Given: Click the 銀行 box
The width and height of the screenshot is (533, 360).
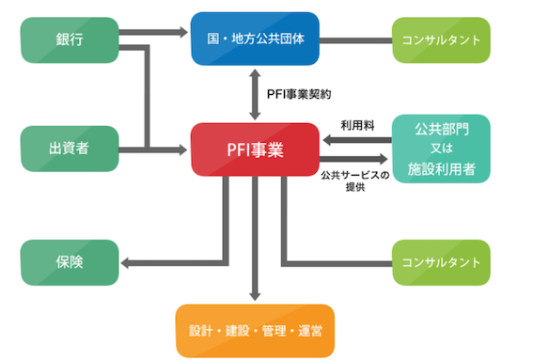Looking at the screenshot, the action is click(x=70, y=40).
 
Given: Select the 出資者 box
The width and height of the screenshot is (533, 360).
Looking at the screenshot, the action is click(x=70, y=149).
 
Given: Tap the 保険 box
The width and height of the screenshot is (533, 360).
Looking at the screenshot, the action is click(x=70, y=262).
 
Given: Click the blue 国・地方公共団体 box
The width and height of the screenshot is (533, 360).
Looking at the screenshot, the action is click(x=255, y=39).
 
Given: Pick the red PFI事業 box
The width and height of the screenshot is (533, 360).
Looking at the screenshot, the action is click(x=255, y=149).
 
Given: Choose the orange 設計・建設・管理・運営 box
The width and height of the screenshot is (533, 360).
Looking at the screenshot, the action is click(x=255, y=331).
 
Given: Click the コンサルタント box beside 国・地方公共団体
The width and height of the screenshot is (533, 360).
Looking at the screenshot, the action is click(x=441, y=40).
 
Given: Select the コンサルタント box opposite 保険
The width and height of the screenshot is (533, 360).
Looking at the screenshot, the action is click(x=441, y=262).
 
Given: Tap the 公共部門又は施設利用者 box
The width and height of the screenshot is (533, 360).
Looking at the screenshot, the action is click(x=441, y=149).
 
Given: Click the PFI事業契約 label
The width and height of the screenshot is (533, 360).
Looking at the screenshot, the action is click(x=299, y=94).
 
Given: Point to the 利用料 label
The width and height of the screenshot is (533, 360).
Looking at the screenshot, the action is click(x=357, y=125).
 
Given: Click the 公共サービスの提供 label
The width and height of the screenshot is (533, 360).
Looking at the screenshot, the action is click(x=355, y=181).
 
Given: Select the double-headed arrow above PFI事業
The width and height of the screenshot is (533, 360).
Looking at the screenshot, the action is click(x=255, y=95).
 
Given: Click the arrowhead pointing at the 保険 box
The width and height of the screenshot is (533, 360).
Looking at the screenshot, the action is click(x=125, y=263).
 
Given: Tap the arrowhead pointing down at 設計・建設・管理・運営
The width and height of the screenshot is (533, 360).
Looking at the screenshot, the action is click(x=255, y=296).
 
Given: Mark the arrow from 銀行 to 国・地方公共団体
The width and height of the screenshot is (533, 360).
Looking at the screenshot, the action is click(x=153, y=32).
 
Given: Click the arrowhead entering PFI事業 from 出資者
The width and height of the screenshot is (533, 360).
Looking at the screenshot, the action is click(x=183, y=149).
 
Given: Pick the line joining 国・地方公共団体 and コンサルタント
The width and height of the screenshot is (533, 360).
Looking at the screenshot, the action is click(x=356, y=40).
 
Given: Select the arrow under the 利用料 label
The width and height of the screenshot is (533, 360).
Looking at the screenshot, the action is click(x=357, y=140).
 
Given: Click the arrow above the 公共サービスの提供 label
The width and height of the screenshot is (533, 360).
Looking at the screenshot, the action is click(x=353, y=159).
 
